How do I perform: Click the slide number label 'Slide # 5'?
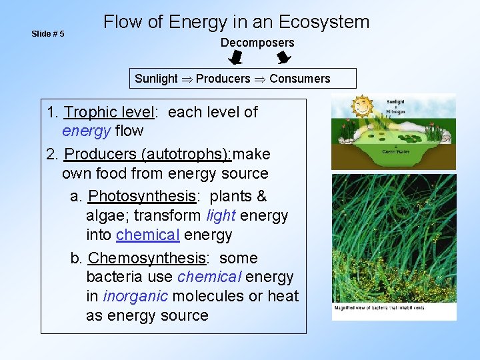point(48,33)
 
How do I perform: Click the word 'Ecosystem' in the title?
point(325,22)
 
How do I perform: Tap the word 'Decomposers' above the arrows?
point(257,43)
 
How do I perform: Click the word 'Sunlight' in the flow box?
point(156,79)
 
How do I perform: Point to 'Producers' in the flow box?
point(223,79)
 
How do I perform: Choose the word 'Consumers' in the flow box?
point(299,79)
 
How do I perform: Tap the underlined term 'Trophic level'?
point(109,112)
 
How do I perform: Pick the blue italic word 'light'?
point(221,215)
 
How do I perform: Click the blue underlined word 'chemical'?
point(147,235)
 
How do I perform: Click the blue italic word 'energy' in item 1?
point(86,131)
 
